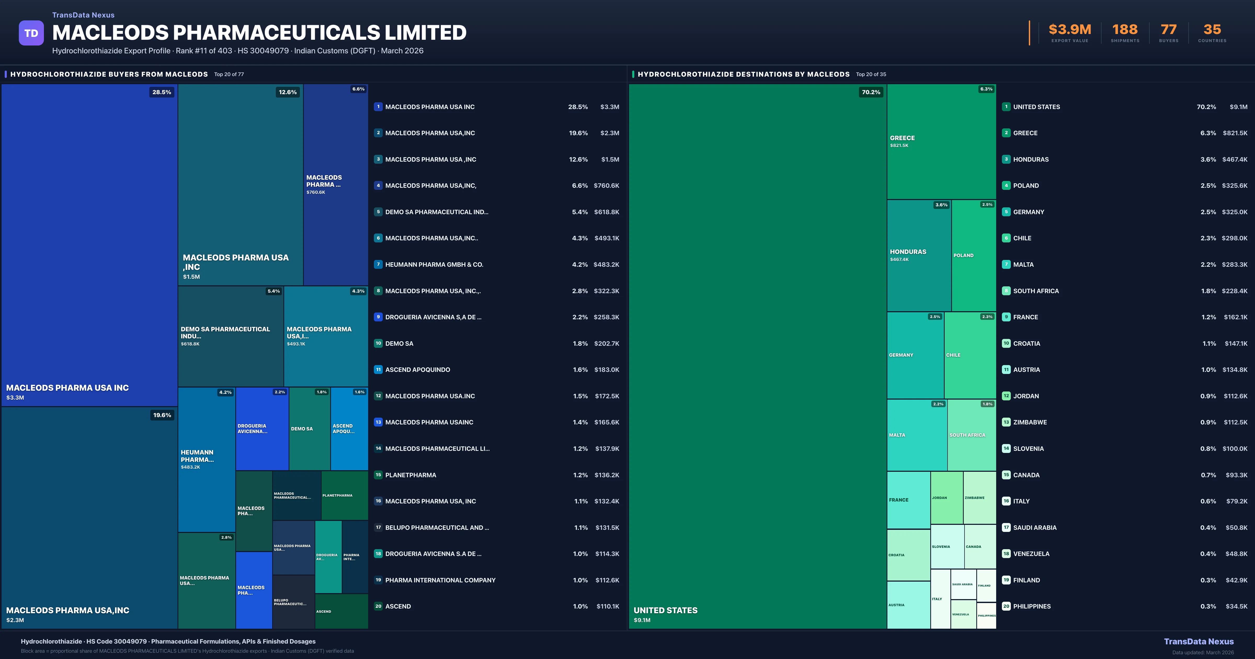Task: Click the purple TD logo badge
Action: pos(31,33)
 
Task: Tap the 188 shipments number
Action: pos(1125,30)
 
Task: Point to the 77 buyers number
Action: pos(1168,30)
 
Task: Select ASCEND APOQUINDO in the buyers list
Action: pos(418,370)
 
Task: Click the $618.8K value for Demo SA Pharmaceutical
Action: pos(606,212)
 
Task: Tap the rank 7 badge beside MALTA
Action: pos(1006,264)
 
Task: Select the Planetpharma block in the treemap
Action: pos(344,495)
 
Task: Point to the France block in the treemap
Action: pos(908,500)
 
